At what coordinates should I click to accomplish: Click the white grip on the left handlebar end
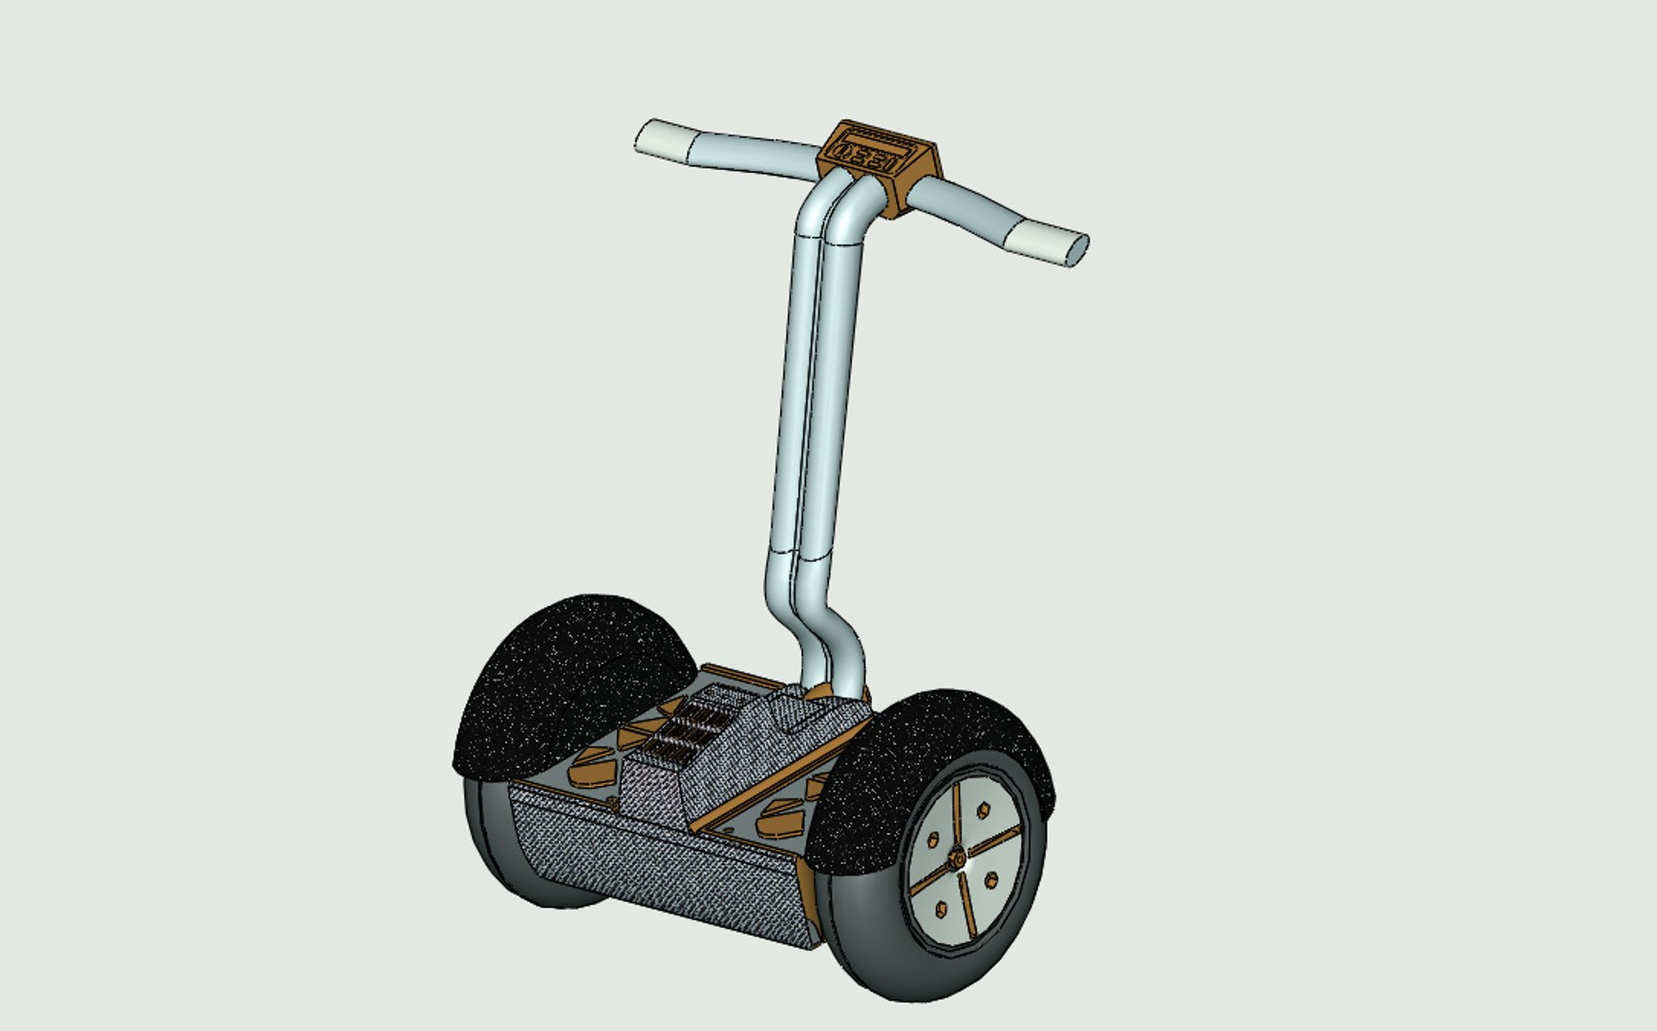pyautogui.click(x=664, y=139)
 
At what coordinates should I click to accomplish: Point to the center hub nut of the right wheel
pyautogui.click(x=956, y=860)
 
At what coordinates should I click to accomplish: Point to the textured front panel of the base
pyautogui.click(x=649, y=869)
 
